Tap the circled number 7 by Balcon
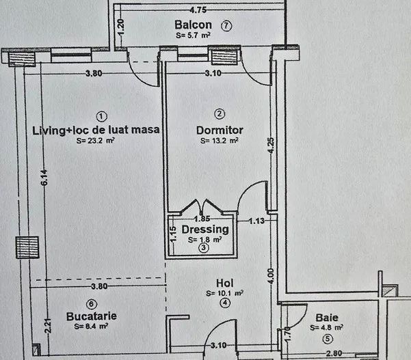click(x=226, y=25)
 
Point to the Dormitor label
click(x=220, y=129)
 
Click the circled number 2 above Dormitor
click(x=220, y=113)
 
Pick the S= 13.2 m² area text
click(x=220, y=141)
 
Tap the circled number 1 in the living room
click(x=101, y=115)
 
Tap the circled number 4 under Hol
click(x=225, y=303)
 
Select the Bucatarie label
click(x=91, y=316)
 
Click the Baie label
click(x=327, y=318)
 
